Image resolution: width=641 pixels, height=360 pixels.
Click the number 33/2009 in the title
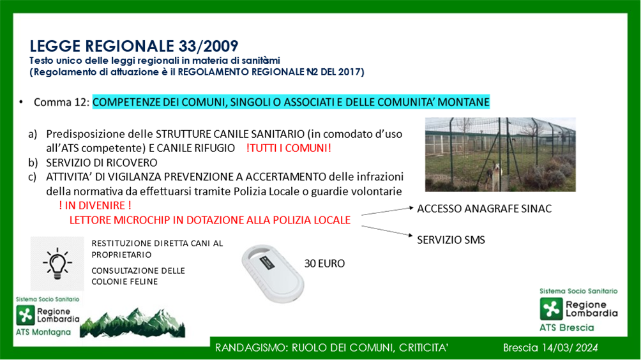202,46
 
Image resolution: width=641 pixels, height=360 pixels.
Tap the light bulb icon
57,264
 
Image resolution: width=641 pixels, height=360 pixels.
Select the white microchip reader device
273,273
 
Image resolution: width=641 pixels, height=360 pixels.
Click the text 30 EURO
324,264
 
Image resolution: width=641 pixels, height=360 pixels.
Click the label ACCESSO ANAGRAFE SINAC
485,209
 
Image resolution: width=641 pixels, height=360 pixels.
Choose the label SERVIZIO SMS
451,240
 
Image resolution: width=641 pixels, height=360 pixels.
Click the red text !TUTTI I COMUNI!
289,148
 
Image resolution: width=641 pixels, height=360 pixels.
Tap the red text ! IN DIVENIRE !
95,205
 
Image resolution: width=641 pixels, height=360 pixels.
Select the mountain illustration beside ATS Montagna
132,323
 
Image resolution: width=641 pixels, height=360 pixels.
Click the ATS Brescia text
566,327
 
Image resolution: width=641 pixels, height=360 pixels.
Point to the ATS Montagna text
43,332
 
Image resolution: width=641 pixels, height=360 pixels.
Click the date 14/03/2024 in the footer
570,348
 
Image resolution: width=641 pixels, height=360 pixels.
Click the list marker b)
33,163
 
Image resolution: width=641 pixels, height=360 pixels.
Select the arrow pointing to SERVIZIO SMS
387,231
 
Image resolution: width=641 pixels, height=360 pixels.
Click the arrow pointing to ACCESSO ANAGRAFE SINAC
388,211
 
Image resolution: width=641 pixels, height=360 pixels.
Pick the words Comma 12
60,102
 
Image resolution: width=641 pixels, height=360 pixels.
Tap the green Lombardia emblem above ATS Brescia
551,308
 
